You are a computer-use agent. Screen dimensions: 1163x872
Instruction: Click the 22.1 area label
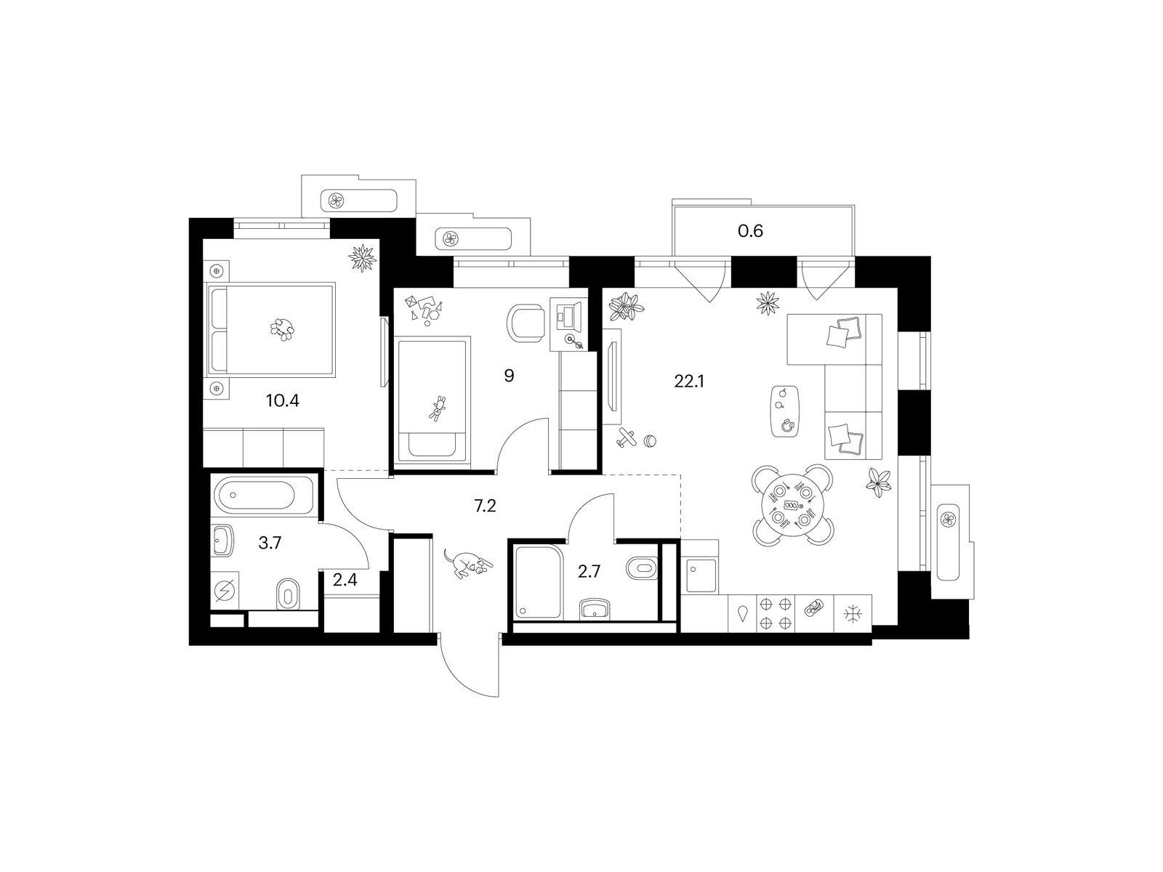[689, 381]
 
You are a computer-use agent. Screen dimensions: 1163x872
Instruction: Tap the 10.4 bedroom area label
[283, 401]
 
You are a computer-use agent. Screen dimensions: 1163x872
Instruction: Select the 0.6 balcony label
[750, 231]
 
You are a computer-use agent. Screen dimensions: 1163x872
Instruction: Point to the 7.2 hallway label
[485, 506]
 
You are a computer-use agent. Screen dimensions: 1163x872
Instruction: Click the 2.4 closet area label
[345, 581]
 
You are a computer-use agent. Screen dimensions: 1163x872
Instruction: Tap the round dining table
[792, 504]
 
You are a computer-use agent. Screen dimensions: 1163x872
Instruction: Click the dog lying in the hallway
[467, 562]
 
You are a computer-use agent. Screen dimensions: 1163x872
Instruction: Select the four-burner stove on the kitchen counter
[775, 613]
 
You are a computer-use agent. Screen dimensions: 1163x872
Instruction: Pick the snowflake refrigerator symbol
[853, 613]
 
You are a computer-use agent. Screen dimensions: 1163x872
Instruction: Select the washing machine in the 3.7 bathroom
[225, 590]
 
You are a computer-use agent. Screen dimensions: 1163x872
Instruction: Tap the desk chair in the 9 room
[526, 322]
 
